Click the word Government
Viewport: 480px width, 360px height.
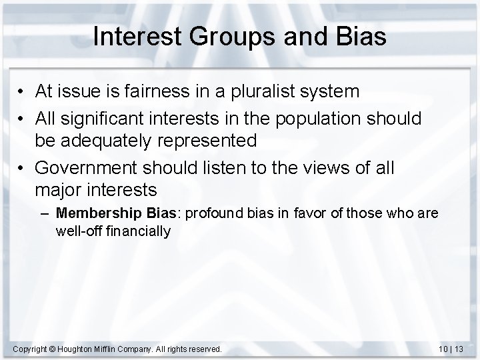coord(80,168)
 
